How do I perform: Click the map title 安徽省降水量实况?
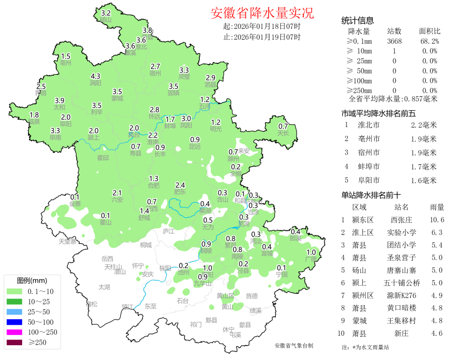click(262, 13)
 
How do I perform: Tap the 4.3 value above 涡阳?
click(95, 76)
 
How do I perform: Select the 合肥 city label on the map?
click(154, 185)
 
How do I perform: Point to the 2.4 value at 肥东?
click(180, 185)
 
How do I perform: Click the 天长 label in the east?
click(283, 133)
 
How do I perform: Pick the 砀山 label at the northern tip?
click(106, 20)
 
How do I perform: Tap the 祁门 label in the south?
click(195, 324)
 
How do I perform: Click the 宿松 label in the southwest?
click(91, 304)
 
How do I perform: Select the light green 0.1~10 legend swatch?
click(15, 291)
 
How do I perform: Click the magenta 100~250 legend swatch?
click(15, 332)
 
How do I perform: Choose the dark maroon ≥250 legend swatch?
click(15, 342)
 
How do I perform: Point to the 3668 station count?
click(394, 41)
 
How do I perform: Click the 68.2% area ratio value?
click(430, 41)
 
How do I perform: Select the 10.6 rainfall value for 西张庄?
click(437, 220)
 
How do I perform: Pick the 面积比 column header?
click(430, 31)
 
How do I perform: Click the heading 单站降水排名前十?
click(371, 195)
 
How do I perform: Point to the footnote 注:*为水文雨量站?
click(365, 347)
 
